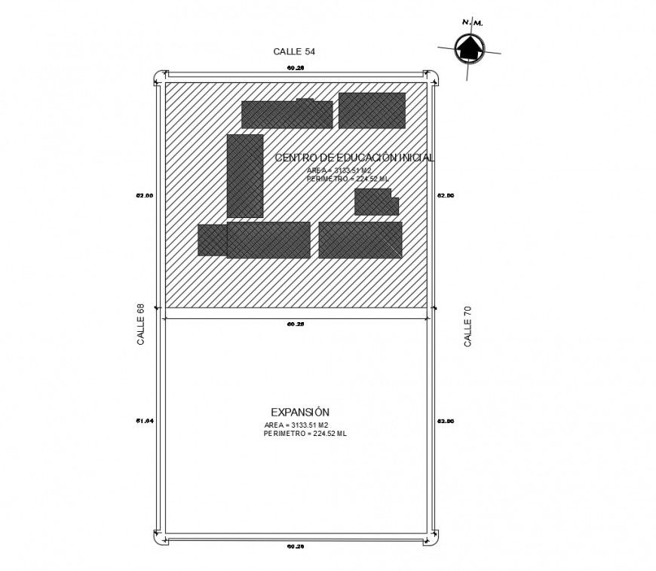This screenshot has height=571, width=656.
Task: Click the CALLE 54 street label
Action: click(294, 51)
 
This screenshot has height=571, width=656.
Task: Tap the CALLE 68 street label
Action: click(140, 324)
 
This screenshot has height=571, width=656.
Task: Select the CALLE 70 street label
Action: click(468, 326)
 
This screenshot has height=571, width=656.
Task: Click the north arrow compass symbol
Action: click(469, 48)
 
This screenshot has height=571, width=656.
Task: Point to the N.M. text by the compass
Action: click(474, 23)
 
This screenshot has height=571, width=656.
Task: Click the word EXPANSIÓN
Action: click(300, 412)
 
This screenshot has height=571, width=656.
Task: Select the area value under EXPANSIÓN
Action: click(296, 425)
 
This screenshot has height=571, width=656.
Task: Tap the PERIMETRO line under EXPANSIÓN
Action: click(305, 434)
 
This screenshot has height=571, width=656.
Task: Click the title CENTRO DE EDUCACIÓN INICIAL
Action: click(354, 158)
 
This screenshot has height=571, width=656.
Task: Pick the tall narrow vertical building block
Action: click(245, 176)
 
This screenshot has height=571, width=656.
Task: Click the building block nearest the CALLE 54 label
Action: click(287, 114)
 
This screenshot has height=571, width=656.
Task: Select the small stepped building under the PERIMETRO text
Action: click(376, 202)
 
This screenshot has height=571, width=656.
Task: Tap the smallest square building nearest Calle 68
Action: click(212, 240)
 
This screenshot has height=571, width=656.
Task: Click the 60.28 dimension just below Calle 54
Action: click(296, 68)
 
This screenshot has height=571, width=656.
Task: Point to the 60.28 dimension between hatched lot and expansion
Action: click(296, 324)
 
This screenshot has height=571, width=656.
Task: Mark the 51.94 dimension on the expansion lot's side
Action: click(145, 420)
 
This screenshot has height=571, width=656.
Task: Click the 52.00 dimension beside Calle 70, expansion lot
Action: click(446, 421)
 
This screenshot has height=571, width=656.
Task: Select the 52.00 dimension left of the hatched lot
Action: click(145, 195)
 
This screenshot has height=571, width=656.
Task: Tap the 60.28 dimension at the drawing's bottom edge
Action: click(296, 545)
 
